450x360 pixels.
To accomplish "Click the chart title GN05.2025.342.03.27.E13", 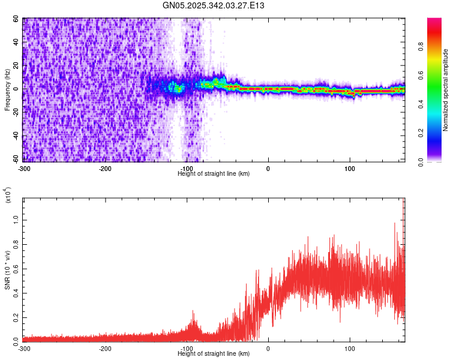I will click(214, 5).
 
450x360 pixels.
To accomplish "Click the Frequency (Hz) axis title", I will click(7, 90).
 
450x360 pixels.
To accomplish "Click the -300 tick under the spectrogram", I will click(24, 169).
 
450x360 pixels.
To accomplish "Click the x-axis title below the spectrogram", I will click(214, 173).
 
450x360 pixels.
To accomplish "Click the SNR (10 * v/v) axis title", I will click(7, 270).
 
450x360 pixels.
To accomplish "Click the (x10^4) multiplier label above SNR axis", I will click(7, 196).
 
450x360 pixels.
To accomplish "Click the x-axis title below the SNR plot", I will click(214, 353).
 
